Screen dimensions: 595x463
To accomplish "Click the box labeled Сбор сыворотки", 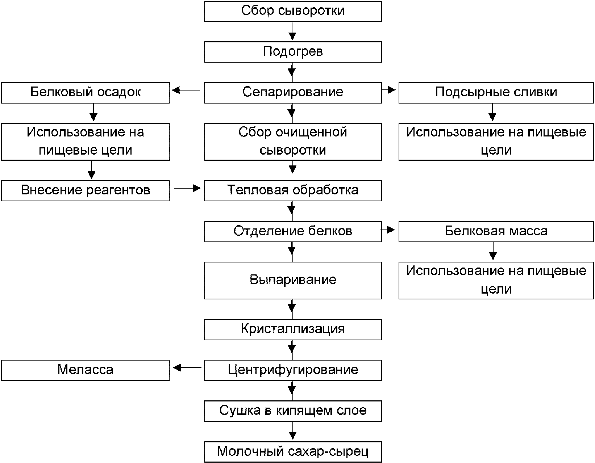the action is click(293, 11).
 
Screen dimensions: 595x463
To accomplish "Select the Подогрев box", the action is click(293, 52).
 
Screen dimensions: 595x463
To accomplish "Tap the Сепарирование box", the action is click(293, 93).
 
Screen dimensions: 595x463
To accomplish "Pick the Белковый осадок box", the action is click(86, 93).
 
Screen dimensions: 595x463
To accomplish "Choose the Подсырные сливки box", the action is click(496, 93).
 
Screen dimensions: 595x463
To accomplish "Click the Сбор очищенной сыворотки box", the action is click(293, 142).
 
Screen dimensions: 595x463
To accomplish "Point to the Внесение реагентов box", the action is click(86, 191).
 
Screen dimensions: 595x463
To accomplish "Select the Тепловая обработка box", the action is click(293, 191).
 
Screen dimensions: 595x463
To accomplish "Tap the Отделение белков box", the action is click(293, 231).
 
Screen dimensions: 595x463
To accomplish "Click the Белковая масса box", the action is click(496, 231).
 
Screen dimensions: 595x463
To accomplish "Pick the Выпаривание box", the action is click(293, 280).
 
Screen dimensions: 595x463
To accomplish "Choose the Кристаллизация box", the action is click(293, 329).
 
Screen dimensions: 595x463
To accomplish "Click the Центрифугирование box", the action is click(293, 370).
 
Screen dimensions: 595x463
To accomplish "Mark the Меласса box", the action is click(86, 370).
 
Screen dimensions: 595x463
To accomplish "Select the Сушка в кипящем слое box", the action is click(293, 411).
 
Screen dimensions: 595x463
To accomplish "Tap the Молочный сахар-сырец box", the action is click(293, 452).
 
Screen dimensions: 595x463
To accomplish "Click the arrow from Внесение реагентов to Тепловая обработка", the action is click(187, 188).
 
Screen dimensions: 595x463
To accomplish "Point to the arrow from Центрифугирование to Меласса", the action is click(187, 368).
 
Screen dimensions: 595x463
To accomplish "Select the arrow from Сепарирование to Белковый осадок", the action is click(186, 90).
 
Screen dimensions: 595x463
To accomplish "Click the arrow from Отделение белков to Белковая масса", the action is click(388, 230).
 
